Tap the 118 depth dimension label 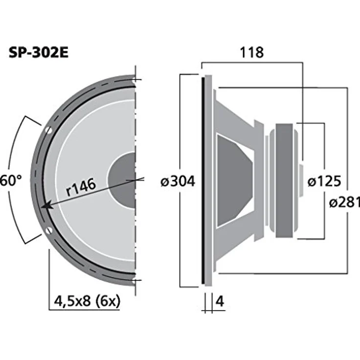[251, 52]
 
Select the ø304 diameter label [178, 181]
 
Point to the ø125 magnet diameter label [324, 181]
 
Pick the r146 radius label [81, 186]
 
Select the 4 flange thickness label [219, 302]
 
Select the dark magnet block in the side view [285, 180]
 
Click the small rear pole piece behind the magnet [301, 180]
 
